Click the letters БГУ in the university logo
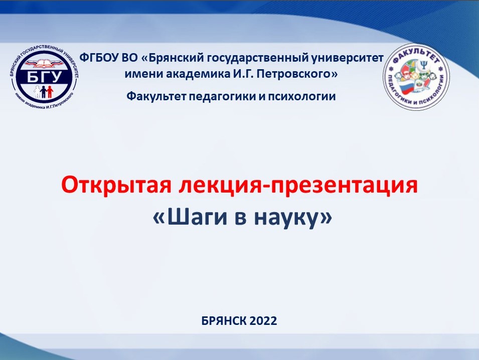point(44,76)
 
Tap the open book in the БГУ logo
point(44,64)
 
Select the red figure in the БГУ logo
point(50,92)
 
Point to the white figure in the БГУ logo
point(37,92)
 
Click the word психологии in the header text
point(302,96)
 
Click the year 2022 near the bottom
point(263,321)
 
